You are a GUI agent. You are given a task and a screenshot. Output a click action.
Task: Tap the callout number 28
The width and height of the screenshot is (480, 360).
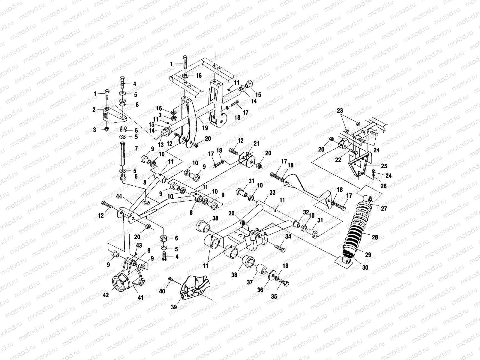[375, 237]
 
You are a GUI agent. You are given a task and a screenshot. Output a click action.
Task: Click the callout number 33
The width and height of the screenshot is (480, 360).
[272, 193]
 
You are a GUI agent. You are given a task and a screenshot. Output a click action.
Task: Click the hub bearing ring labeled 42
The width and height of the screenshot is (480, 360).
[119, 283]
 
